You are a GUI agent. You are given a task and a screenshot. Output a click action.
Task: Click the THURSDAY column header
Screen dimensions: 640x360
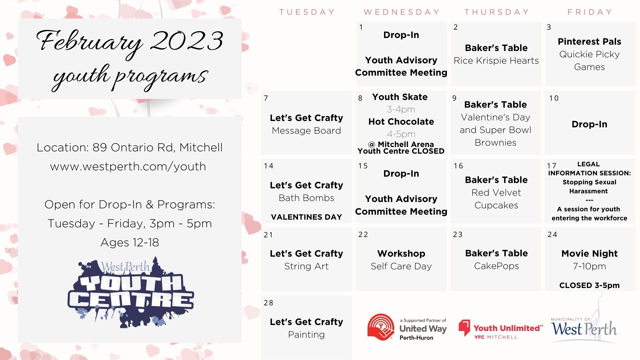pyautogui.click(x=497, y=12)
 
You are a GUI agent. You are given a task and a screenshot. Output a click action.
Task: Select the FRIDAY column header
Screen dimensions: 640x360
pyautogui.click(x=590, y=12)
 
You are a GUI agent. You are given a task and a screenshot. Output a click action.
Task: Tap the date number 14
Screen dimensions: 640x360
pyautogui.click(x=269, y=166)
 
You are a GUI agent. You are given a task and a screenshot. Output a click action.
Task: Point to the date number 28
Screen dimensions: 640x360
pyautogui.click(x=269, y=303)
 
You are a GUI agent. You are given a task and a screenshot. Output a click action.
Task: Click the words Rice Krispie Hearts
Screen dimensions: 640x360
pyautogui.click(x=496, y=61)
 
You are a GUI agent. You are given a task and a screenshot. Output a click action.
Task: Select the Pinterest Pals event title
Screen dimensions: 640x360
pyautogui.click(x=589, y=41)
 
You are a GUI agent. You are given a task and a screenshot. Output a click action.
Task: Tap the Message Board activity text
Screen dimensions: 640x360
pyautogui.click(x=306, y=131)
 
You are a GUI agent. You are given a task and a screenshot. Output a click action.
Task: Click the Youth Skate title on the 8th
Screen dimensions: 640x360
pyautogui.click(x=400, y=97)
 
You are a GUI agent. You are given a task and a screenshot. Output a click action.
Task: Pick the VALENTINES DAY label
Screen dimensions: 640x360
pyautogui.click(x=306, y=217)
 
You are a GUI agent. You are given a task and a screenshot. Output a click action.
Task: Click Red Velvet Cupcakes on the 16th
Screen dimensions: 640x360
pyautogui.click(x=496, y=199)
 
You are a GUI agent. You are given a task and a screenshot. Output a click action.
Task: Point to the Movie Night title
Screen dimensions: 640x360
pyautogui.click(x=589, y=254)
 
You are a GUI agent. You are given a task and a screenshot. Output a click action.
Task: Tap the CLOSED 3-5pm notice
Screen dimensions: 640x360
pyautogui.click(x=589, y=285)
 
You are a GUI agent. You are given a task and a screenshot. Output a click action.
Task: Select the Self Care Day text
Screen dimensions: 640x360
pyautogui.click(x=401, y=266)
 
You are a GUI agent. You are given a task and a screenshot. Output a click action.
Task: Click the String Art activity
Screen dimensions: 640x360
pyautogui.click(x=306, y=266)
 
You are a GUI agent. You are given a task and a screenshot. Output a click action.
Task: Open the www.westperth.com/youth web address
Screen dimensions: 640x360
pyautogui.click(x=128, y=166)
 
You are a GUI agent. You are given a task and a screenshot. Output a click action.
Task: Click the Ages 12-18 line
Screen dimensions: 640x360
pyautogui.click(x=130, y=242)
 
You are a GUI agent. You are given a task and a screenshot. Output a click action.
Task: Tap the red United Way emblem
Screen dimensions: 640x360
pyautogui.click(x=381, y=327)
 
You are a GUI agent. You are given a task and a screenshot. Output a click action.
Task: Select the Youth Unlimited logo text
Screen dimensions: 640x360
pyautogui.click(x=508, y=328)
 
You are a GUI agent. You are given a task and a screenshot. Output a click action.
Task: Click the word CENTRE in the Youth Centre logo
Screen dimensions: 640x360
pyautogui.click(x=131, y=300)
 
